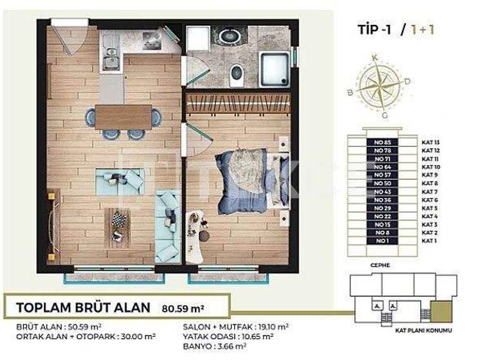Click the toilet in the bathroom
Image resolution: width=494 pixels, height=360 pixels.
(x=237, y=75)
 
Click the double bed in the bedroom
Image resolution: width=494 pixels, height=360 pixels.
(x=248, y=181)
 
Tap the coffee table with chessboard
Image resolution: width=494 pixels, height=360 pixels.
(x=118, y=226)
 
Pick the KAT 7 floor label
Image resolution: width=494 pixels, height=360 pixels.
(x=430, y=192)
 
